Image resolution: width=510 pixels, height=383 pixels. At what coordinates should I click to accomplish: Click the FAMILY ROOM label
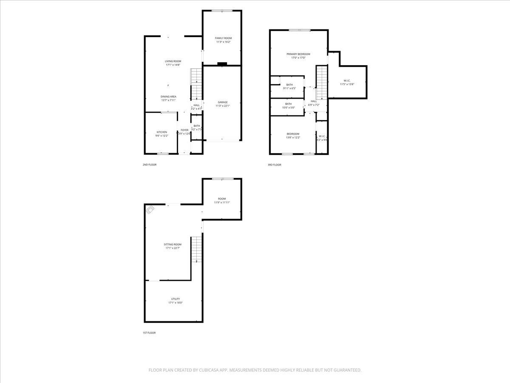click(x=223, y=38)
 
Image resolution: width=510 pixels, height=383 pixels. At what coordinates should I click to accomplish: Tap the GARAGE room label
click(x=223, y=102)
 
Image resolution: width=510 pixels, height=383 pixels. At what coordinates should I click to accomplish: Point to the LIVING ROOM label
click(x=173, y=61)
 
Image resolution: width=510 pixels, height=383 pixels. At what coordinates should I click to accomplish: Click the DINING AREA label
click(x=168, y=97)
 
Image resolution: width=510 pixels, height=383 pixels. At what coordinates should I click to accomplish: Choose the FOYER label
click(x=184, y=130)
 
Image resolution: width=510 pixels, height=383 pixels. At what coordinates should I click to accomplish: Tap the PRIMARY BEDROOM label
click(x=298, y=54)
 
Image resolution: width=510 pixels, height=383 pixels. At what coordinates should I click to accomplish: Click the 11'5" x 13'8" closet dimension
click(x=347, y=84)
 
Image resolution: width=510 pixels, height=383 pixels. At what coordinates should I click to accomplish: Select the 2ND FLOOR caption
click(x=150, y=164)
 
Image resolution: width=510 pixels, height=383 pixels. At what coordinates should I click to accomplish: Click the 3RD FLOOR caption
click(x=274, y=165)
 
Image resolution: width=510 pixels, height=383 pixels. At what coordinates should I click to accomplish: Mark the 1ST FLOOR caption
click(x=149, y=333)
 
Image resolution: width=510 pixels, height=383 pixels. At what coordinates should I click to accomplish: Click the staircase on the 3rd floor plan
click(x=322, y=81)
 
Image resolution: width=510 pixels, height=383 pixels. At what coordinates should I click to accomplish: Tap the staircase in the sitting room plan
click(x=196, y=249)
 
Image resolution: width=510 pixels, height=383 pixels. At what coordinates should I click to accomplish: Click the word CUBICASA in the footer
click(x=210, y=370)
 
